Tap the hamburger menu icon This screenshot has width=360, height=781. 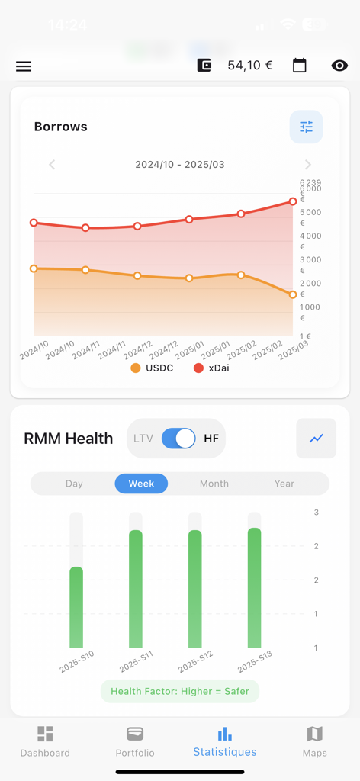pos(24,66)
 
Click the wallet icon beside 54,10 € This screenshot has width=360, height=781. pos(204,66)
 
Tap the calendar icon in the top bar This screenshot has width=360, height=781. pos(300,66)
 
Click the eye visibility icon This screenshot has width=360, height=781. pos(339,66)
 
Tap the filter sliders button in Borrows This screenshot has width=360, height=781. pos(306,127)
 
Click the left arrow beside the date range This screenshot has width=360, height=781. pos(52,165)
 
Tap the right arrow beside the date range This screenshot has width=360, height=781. pos(307,165)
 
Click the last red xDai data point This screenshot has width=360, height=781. pos(293,202)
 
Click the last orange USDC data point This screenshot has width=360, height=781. pos(293,294)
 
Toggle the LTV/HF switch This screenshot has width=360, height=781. pos(178,439)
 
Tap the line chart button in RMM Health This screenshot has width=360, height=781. pos(316,439)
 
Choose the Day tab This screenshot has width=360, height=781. pos(74,484)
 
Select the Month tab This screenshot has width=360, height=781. pos(214,484)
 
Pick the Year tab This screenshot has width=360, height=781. pos(284,484)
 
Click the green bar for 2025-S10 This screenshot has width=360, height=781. pos(76,607)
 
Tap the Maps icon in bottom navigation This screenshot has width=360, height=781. pos(314,734)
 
